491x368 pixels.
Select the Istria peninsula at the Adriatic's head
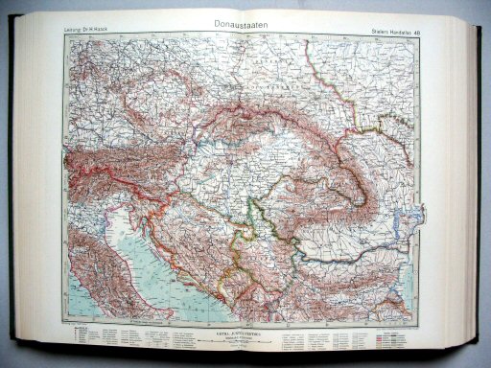tap(114, 196)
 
